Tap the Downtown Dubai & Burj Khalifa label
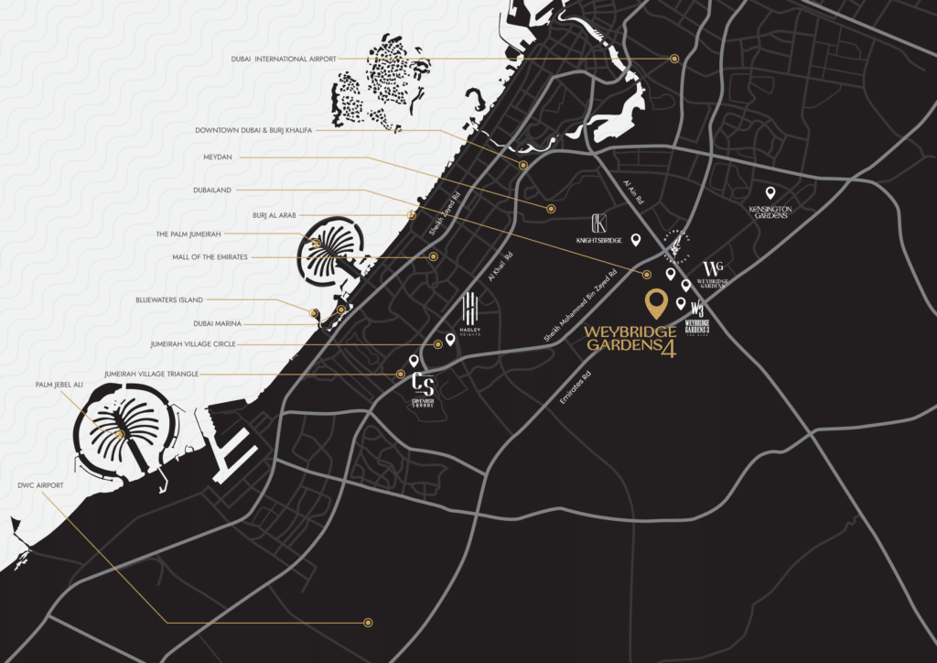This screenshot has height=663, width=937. point(253,131)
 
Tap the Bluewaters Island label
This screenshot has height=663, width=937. point(169,300)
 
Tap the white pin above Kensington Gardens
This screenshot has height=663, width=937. point(770,193)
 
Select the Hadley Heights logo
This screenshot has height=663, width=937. point(470,316)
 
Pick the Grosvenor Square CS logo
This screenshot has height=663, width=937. point(423,387)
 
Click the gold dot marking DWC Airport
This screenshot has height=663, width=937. point(368,623)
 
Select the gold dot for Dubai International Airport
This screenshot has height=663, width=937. point(674,59)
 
